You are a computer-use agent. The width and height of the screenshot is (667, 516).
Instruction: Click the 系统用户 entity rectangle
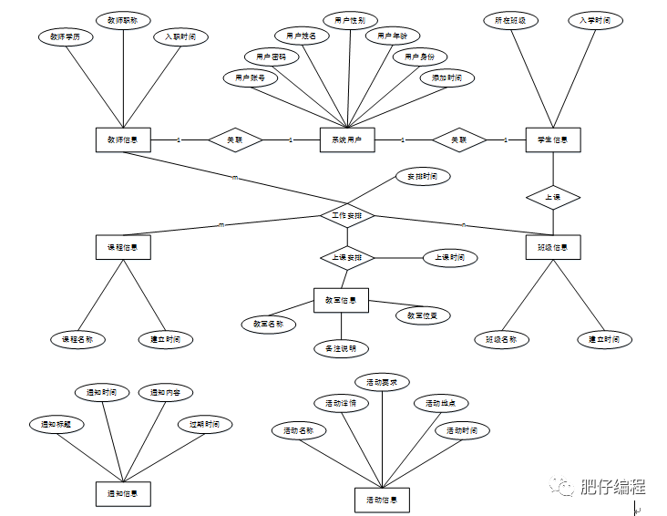[x=347, y=139]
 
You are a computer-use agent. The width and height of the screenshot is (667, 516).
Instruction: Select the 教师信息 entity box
[x=123, y=139]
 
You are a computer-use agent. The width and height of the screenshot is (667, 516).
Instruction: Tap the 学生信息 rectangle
[x=553, y=139]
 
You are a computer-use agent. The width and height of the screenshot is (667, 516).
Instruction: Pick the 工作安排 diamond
[x=347, y=216]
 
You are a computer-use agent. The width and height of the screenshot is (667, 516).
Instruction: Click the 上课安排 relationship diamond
[x=347, y=258]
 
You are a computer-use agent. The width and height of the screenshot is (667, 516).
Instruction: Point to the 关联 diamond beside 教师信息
[x=235, y=139]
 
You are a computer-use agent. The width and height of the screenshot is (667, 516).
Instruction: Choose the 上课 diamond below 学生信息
[x=553, y=196]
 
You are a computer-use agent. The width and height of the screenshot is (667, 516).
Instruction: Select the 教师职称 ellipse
[x=123, y=20]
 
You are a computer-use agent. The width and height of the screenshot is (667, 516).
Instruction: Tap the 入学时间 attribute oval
[x=594, y=20]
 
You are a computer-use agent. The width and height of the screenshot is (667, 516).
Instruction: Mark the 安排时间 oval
[x=422, y=175]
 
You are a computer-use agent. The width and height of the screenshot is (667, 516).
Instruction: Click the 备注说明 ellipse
[x=341, y=348]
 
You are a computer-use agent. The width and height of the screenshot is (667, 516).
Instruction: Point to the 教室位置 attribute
[x=422, y=315]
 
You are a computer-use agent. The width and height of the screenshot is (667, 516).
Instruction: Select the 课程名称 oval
[x=78, y=339]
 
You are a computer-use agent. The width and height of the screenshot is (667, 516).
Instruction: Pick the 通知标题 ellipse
[x=56, y=424]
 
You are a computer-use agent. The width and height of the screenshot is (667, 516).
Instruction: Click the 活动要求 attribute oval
[x=382, y=381]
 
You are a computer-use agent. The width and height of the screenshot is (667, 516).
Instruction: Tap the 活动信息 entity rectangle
[x=382, y=500]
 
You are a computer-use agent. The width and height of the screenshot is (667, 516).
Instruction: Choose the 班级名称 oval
[x=502, y=339]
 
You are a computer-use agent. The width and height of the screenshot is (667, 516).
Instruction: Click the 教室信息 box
[x=341, y=300]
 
